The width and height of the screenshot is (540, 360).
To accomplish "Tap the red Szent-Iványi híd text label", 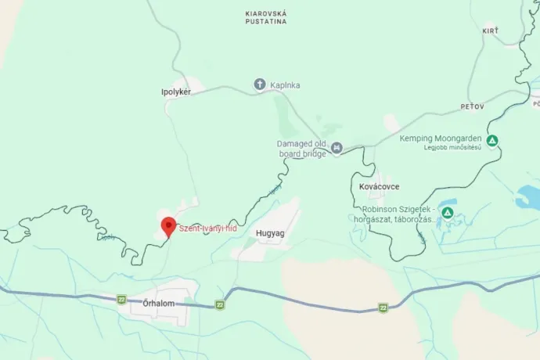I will [207, 229].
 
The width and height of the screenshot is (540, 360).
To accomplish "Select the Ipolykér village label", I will [176, 92].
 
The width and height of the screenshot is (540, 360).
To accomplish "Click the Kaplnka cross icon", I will [260, 85].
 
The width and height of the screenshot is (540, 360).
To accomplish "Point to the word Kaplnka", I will [286, 85].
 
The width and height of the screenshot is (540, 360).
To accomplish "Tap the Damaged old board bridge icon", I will [337, 147].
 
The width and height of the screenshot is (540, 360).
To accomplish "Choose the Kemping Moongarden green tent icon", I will [491, 141].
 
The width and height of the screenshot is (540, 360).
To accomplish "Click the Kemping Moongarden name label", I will [438, 139].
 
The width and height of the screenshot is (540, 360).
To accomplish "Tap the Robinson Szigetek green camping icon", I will [447, 213].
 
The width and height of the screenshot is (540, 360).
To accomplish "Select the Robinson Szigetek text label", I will [397, 214].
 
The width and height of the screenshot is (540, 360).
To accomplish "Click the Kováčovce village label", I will [375, 187].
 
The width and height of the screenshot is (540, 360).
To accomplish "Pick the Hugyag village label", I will [268, 233].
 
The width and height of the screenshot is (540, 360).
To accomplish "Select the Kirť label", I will [491, 30].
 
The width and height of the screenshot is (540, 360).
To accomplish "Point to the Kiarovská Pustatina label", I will [265, 18].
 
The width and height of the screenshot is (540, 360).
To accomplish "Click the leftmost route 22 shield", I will [121, 299].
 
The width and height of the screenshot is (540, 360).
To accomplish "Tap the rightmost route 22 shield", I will [383, 308].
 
